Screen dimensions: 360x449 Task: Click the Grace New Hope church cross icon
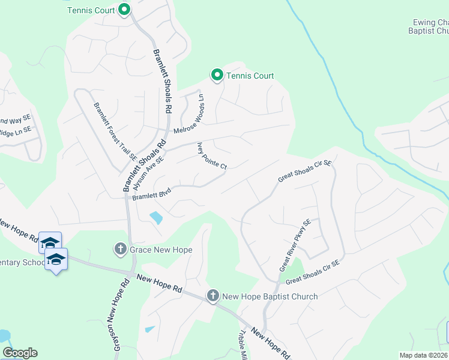pos(120,248)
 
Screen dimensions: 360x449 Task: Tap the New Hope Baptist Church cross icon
pos(212,296)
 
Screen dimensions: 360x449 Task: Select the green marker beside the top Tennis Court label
pos(124,10)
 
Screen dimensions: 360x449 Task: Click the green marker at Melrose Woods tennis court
pos(217,75)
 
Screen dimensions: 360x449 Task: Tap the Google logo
pos(20,353)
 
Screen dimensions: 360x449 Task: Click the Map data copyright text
pos(424,355)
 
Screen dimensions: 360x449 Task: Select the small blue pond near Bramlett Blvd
pos(156,218)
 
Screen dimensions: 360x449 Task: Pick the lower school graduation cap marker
pos(56,259)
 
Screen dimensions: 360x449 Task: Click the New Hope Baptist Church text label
pos(270,296)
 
